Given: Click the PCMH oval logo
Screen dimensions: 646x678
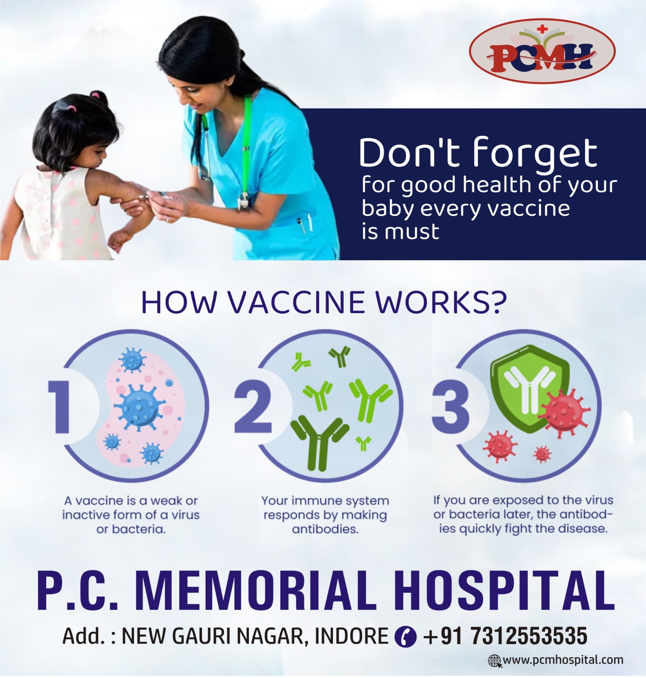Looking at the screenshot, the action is [x=542, y=51].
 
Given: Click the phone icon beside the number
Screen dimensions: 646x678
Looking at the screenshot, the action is [x=405, y=636].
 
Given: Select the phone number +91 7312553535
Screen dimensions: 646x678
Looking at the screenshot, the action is [x=505, y=636].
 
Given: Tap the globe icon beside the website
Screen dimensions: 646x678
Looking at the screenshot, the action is [x=495, y=661].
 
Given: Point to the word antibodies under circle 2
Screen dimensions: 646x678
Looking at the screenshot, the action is [x=325, y=529].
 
